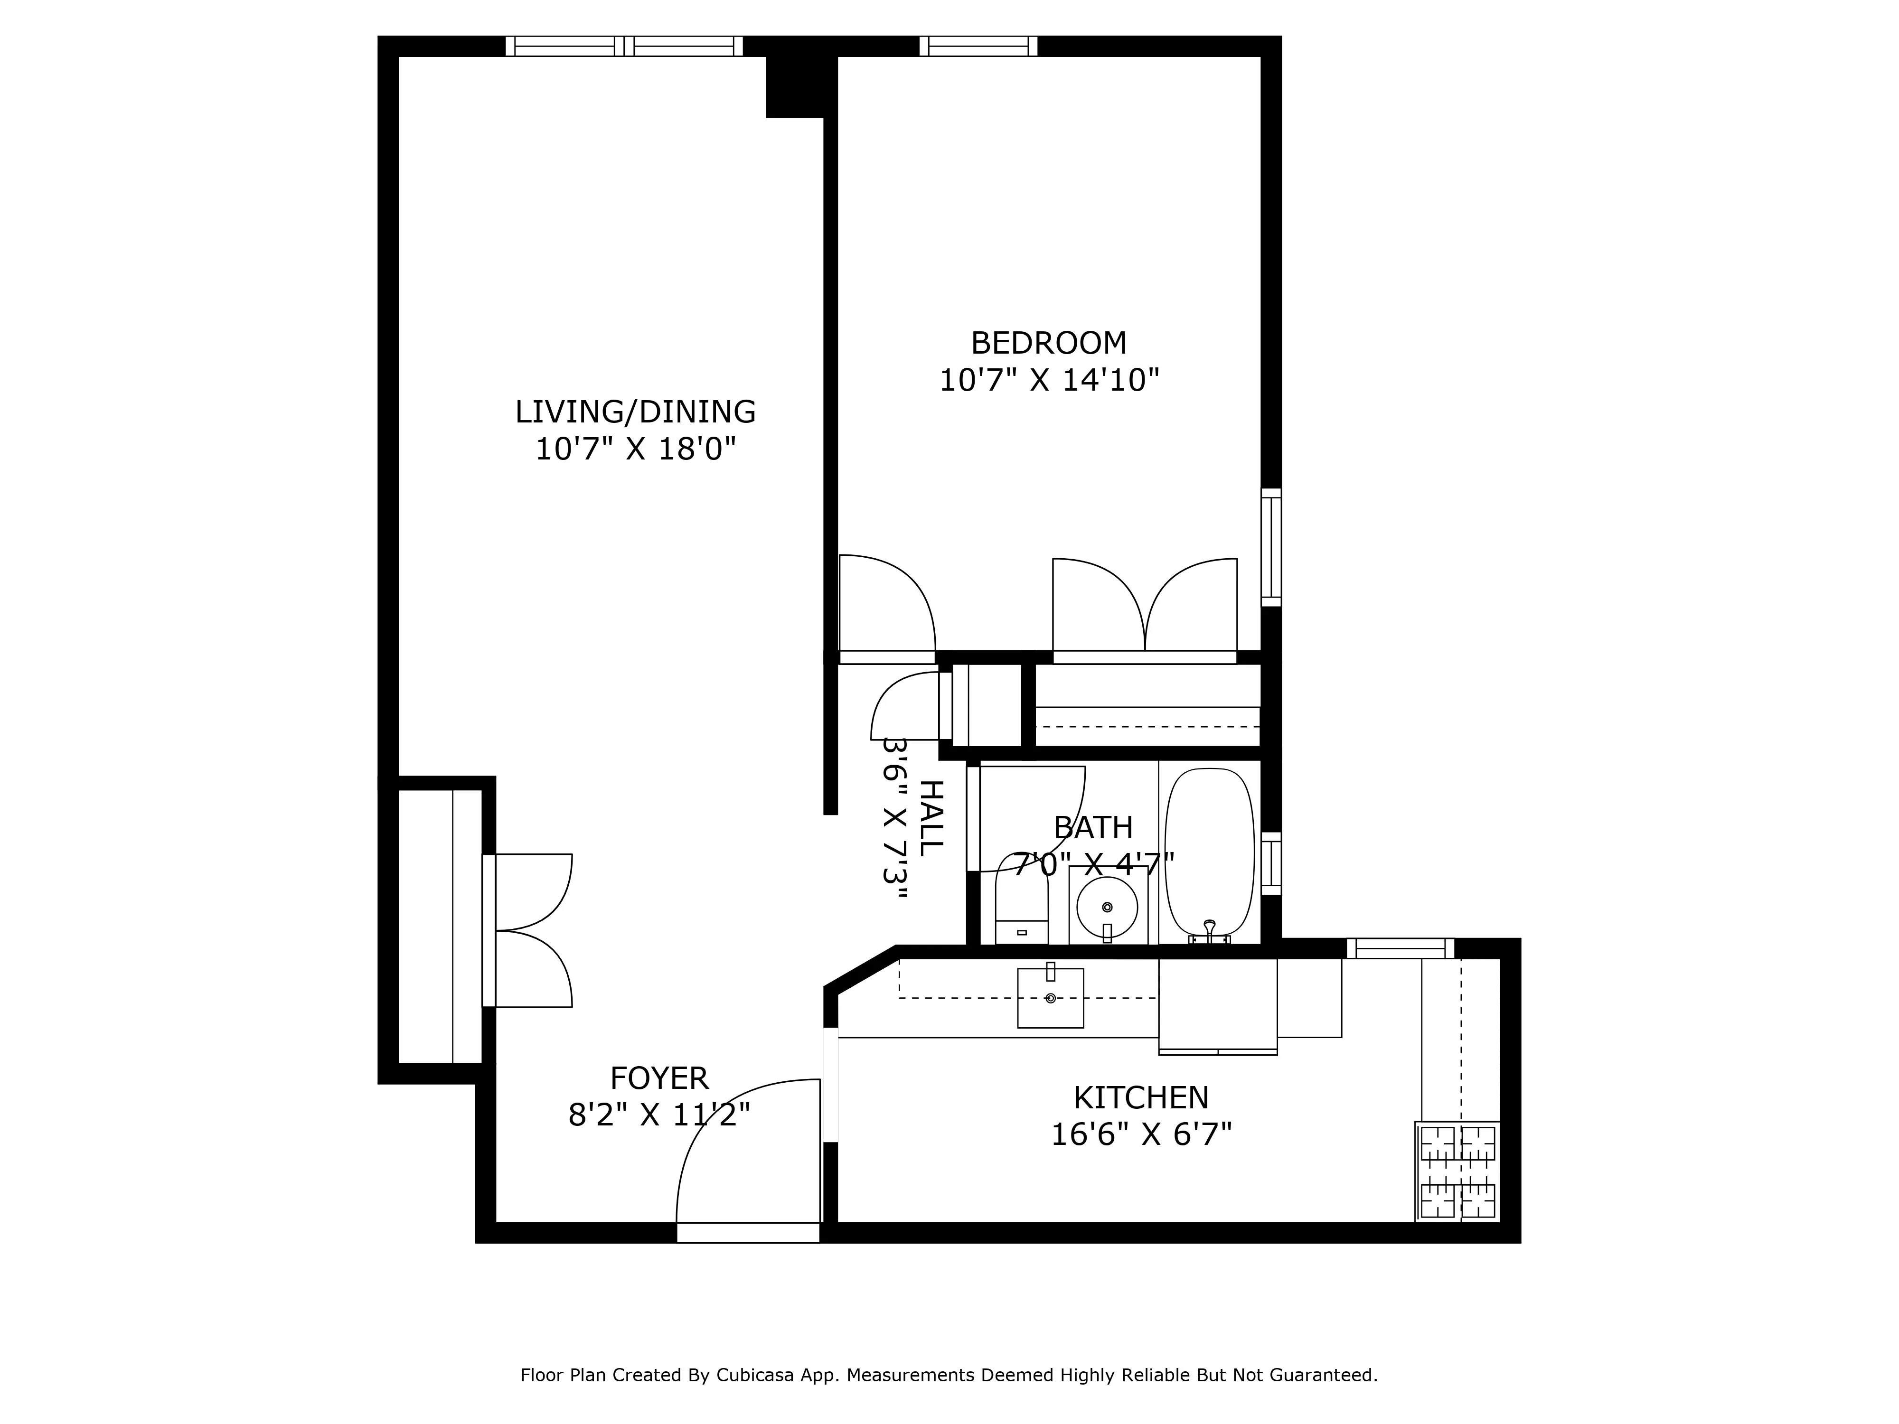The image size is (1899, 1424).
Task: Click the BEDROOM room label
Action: click(1048, 343)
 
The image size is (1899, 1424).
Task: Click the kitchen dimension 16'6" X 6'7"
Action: click(1141, 1135)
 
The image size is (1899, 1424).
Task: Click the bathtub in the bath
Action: click(1209, 852)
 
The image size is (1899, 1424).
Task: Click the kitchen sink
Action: click(1050, 997)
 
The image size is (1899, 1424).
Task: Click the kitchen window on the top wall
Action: click(1400, 948)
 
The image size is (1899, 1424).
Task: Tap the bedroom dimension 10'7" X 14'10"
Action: click(1048, 380)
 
